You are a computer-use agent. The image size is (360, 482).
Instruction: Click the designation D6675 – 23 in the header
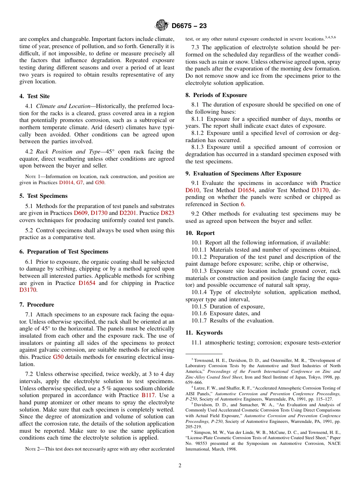coord(189,26)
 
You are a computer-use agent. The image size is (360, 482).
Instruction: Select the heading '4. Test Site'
coord(34,96)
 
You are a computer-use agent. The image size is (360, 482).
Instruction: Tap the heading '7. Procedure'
coord(37,305)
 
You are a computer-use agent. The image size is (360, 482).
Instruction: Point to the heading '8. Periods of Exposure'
coord(216,95)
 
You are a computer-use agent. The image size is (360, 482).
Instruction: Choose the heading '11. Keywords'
coord(204,333)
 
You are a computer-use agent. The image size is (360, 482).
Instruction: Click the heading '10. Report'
coord(200,233)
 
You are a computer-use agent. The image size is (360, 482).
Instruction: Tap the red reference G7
coord(80,182)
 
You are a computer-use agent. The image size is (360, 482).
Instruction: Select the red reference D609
coord(81,213)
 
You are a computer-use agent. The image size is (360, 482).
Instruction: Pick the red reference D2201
coord(127,213)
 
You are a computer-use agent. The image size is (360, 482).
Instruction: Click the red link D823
coord(167,213)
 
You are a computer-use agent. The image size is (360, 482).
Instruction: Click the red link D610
coord(193,190)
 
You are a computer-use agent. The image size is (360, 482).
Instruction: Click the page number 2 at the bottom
coord(180,466)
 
